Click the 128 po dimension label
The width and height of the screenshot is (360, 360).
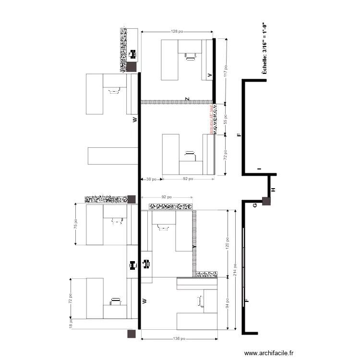(177, 31)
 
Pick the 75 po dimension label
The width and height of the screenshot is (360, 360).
(75, 224)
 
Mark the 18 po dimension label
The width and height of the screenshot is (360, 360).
(71, 325)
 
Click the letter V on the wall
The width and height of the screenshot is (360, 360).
(209, 75)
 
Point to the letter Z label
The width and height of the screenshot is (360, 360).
(188, 99)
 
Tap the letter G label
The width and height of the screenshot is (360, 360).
(255, 205)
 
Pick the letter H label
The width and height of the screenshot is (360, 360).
(273, 190)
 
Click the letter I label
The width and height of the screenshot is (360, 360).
(258, 169)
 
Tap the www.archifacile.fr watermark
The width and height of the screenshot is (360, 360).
(268, 353)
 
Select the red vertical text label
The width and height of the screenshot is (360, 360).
(211, 120)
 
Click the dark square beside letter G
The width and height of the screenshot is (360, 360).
(266, 202)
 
